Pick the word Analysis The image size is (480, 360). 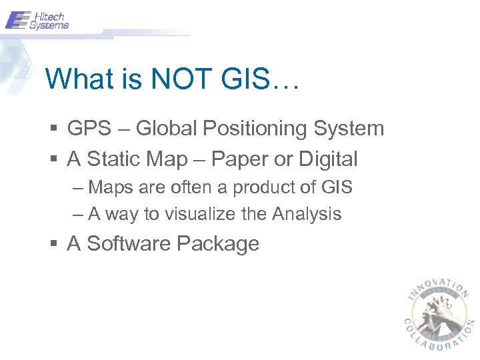click(307, 214)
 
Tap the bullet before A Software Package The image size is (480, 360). click(54, 244)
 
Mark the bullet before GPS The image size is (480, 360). click(54, 129)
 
